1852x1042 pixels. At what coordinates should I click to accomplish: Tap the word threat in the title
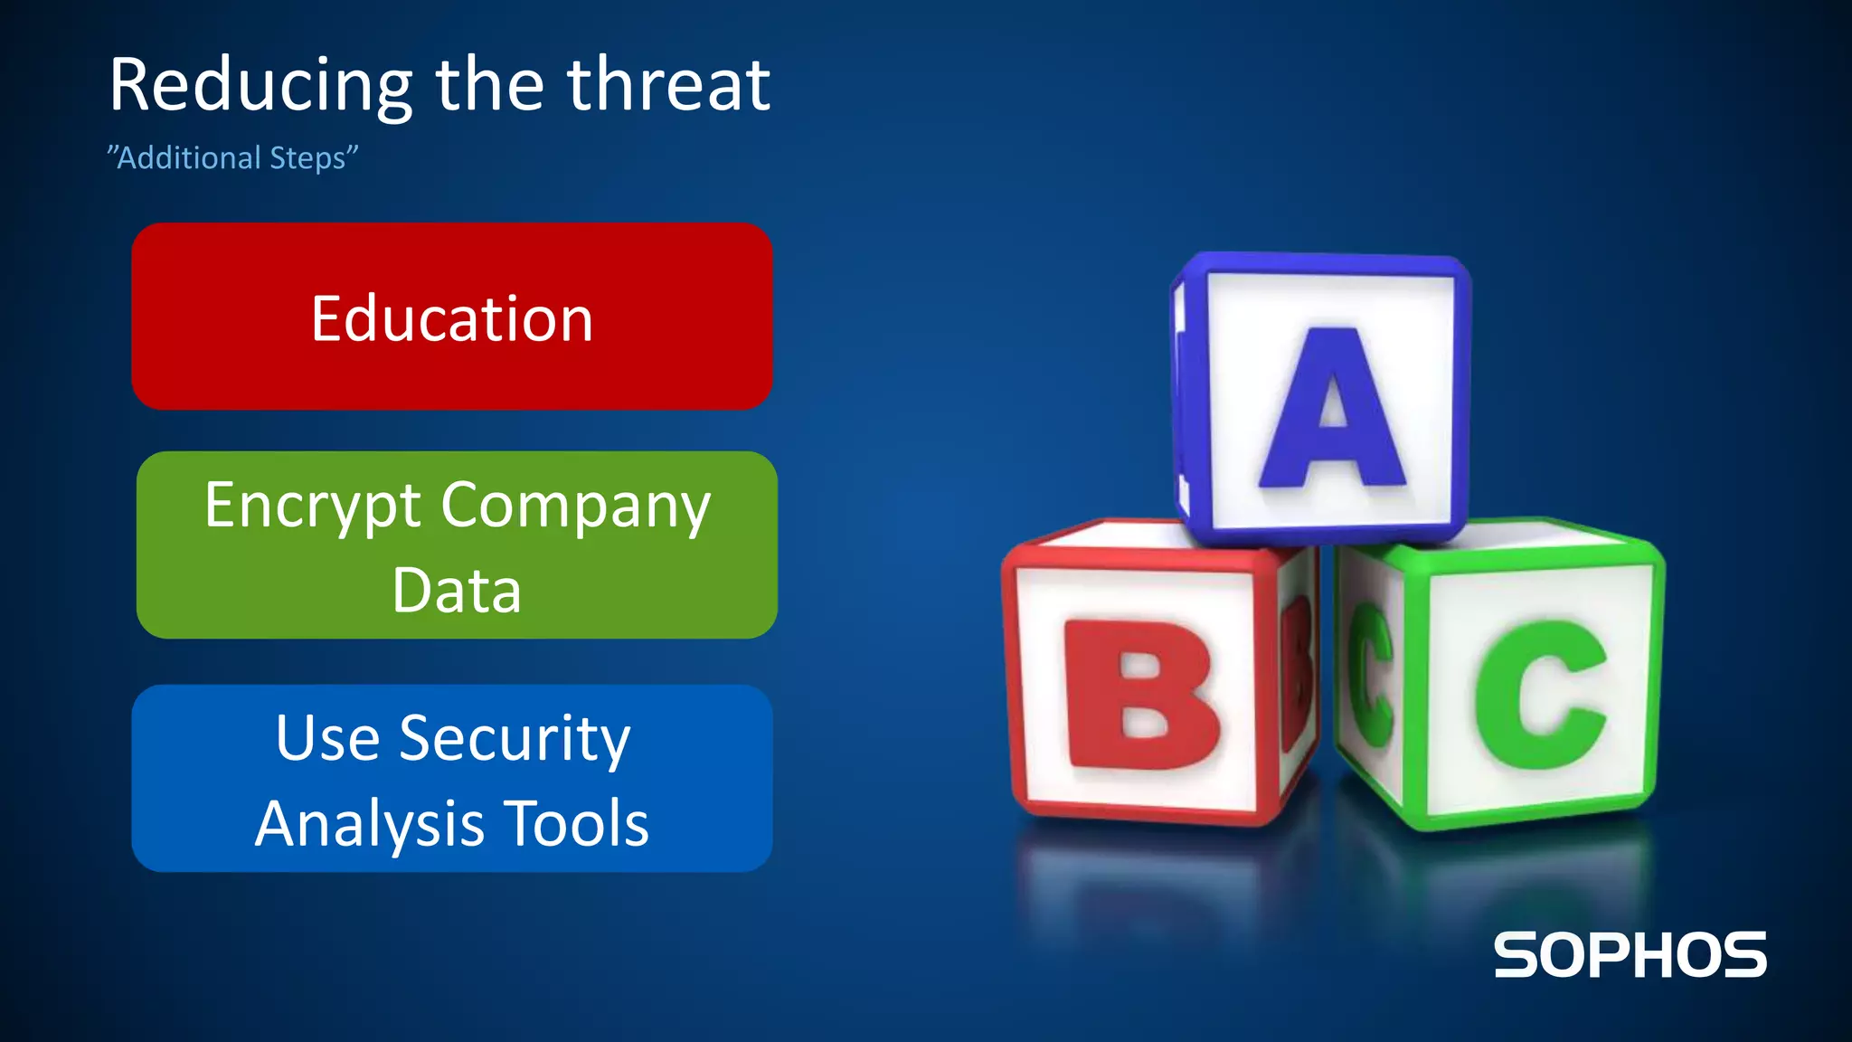[x=669, y=85]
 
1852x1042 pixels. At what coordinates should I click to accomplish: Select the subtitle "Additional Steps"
[x=233, y=157]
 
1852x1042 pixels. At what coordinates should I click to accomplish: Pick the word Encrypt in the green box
[x=313, y=507]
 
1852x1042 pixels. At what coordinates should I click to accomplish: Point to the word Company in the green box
[x=576, y=507]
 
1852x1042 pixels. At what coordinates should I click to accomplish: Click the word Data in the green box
[x=457, y=590]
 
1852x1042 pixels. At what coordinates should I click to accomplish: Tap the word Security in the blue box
[x=515, y=739]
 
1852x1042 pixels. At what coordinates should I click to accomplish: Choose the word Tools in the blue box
[x=576, y=823]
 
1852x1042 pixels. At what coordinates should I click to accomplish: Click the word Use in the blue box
[x=327, y=738]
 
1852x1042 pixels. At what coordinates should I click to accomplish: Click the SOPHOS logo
[x=1630, y=955]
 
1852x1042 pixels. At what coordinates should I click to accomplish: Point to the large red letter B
[x=1141, y=695]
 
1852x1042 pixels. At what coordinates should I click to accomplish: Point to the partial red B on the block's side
[x=1298, y=674]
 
